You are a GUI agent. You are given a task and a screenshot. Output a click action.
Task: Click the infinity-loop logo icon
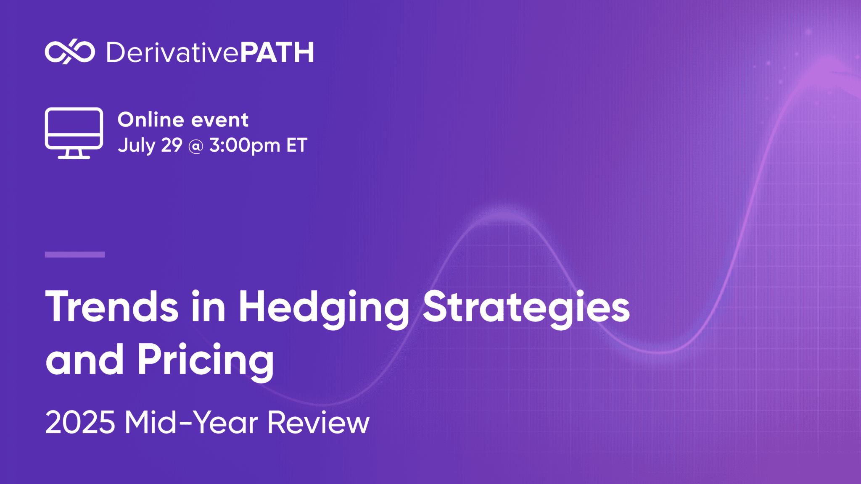point(70,53)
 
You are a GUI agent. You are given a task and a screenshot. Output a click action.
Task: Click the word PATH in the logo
point(277,53)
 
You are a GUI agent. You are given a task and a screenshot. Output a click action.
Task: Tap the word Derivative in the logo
point(172,53)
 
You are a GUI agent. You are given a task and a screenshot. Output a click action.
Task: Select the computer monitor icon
point(74,133)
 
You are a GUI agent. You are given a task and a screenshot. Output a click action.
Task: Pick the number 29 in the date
point(172,145)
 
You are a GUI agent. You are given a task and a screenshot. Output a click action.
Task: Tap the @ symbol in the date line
point(196,146)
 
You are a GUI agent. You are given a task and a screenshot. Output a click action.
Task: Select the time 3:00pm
point(245,146)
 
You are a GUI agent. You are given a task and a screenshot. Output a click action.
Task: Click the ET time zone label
point(297,145)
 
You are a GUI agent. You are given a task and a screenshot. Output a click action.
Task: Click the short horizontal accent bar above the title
point(75,254)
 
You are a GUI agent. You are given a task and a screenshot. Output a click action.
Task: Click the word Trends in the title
point(112,307)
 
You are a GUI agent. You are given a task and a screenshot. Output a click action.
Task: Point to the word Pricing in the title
point(206,360)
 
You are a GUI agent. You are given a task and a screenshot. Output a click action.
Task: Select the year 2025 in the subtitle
point(80,422)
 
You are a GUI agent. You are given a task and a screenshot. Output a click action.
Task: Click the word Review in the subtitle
point(318,422)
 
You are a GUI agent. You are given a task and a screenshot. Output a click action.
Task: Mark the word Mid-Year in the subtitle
point(191,422)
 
